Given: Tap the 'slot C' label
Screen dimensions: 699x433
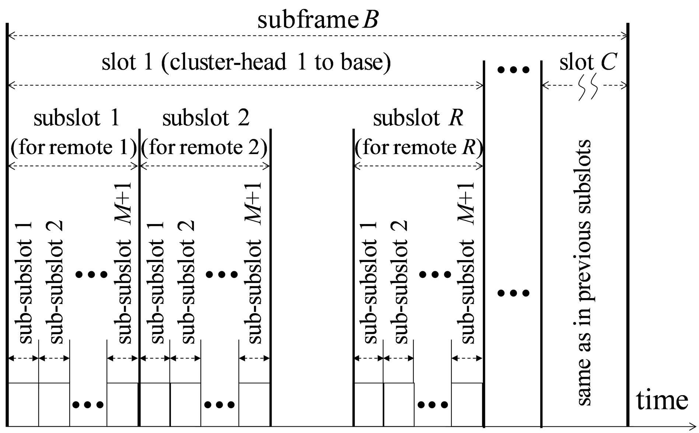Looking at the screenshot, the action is (588, 62).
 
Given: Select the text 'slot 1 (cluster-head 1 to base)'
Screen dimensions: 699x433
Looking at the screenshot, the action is (246, 62).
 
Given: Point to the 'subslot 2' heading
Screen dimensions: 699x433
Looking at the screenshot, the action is (206, 118).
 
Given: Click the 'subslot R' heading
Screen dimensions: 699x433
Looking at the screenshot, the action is (418, 118).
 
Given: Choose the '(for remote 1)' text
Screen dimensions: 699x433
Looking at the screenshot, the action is (74, 148).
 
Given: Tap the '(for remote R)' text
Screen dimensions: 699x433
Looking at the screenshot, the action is (419, 148).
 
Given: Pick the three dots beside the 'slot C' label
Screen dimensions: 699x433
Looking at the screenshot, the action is (513, 69).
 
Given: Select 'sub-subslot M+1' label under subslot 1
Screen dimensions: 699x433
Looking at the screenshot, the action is (124, 263).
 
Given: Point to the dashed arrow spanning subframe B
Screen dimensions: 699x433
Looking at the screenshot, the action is (318, 36).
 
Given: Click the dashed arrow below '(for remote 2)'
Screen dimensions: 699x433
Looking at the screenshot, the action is (205, 166).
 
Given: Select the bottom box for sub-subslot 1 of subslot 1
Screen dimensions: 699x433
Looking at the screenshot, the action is (23, 404).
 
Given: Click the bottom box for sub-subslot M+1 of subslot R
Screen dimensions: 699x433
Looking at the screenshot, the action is (467, 404).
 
